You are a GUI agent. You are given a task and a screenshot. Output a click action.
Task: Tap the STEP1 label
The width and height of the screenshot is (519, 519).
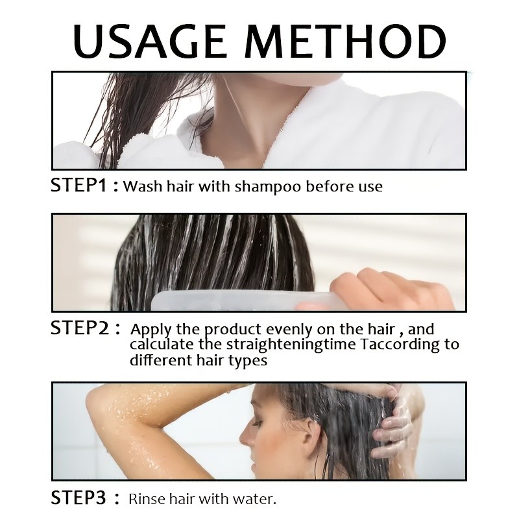78,187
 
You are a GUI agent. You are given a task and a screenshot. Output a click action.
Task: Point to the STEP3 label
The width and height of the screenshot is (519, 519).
78,500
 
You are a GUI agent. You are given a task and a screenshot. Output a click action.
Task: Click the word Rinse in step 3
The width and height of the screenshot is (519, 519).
148,500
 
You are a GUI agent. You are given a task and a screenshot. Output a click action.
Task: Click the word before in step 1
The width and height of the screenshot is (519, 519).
321,187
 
